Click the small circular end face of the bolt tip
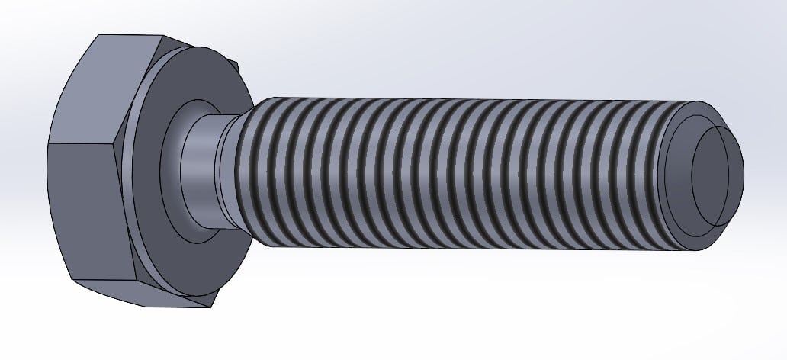717,175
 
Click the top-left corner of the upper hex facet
97,36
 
